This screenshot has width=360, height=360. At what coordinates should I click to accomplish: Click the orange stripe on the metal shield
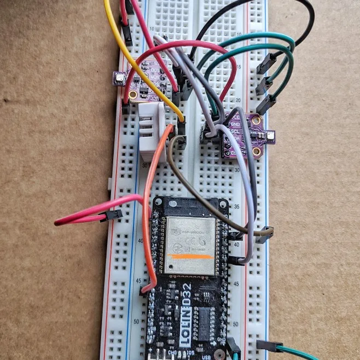[191, 256]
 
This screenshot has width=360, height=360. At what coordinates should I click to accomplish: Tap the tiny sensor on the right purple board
[269, 135]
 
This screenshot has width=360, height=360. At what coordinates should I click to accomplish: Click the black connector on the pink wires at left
[113, 215]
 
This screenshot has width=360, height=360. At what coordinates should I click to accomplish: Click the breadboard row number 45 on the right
[236, 283]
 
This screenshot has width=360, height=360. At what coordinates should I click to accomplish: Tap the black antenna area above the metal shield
[190, 208]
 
